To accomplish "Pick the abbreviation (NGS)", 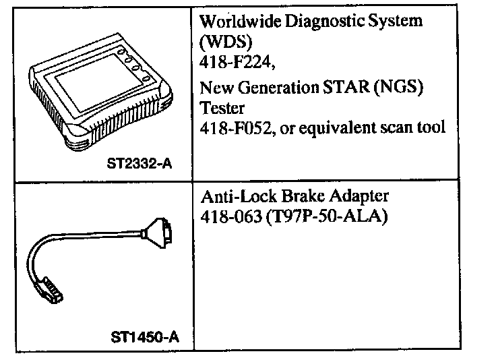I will click(410, 89).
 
